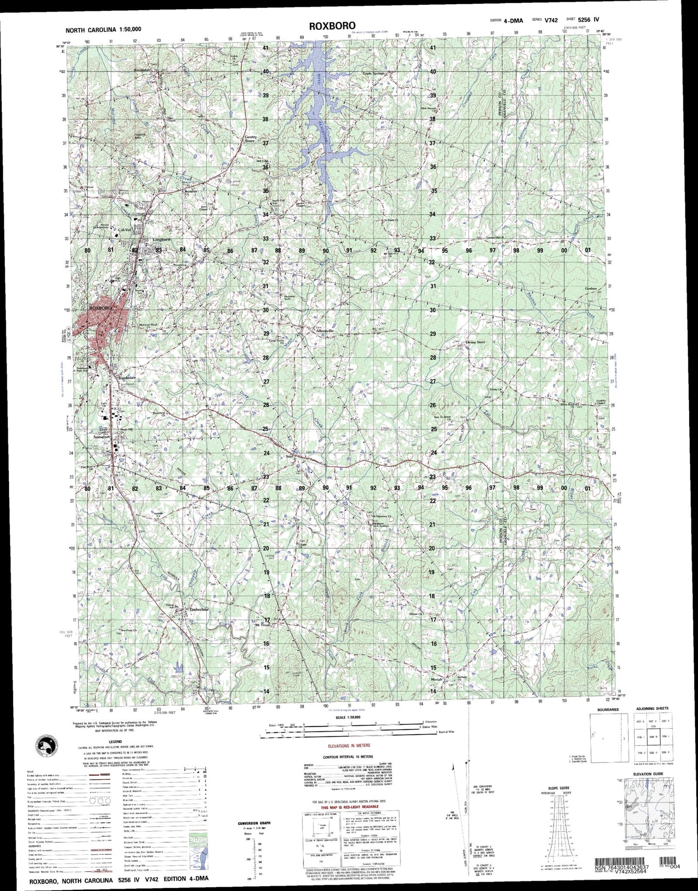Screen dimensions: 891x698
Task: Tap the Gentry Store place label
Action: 251,139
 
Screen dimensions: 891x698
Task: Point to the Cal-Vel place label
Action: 125,230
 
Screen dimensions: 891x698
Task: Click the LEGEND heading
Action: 115,742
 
